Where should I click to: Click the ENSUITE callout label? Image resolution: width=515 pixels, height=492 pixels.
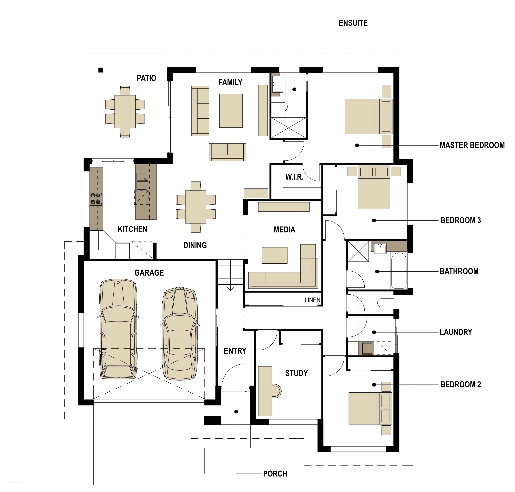coord(353,23)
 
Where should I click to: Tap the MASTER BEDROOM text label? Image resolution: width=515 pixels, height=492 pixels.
coord(472,145)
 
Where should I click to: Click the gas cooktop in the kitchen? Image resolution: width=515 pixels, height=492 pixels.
coord(96,199)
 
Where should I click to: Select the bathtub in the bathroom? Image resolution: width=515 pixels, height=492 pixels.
coord(399,270)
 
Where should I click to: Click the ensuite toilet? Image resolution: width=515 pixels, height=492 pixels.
coord(279,107)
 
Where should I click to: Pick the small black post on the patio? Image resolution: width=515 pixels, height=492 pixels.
coord(101,70)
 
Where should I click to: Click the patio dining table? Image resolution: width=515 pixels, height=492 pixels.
coord(125,111)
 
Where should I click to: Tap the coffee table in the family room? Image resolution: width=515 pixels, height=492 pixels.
coord(231,111)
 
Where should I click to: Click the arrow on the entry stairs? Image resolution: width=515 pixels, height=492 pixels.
coord(230,289)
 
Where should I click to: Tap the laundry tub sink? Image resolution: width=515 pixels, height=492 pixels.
coord(368,348)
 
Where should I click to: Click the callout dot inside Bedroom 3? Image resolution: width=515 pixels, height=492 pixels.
coord(374,221)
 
